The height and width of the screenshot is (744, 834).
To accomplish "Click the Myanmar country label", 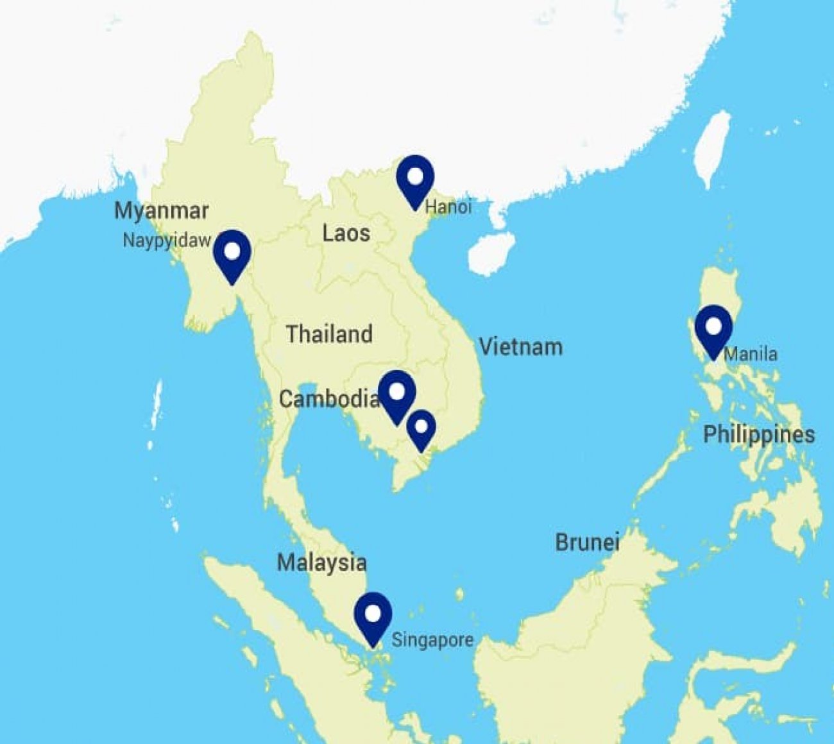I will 161,211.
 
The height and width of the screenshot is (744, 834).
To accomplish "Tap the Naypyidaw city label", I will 166,241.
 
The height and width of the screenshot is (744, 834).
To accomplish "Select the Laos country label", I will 346,233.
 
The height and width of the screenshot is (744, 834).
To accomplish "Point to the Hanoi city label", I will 448,207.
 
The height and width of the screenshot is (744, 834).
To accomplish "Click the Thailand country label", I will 329,334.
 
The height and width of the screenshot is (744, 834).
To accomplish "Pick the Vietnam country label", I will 521,347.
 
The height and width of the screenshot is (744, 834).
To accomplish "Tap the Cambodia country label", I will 328,399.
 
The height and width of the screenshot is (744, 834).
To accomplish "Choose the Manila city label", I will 751,354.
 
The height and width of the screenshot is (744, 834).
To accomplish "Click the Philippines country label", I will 759,434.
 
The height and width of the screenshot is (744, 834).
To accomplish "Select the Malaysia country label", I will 321,562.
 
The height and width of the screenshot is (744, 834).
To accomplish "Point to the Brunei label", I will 587,543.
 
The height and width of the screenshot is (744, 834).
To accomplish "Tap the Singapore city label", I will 432,639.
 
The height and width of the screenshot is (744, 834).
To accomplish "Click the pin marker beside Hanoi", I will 415,178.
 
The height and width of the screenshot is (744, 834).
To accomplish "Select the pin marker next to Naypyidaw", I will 232,253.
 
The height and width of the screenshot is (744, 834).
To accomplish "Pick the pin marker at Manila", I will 713,328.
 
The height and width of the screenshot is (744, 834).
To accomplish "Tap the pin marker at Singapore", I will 373,615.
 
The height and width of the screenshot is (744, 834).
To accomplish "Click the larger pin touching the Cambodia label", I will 397,393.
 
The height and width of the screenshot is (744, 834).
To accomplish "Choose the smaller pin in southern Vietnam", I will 421,427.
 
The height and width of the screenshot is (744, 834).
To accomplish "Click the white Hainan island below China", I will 490,253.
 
